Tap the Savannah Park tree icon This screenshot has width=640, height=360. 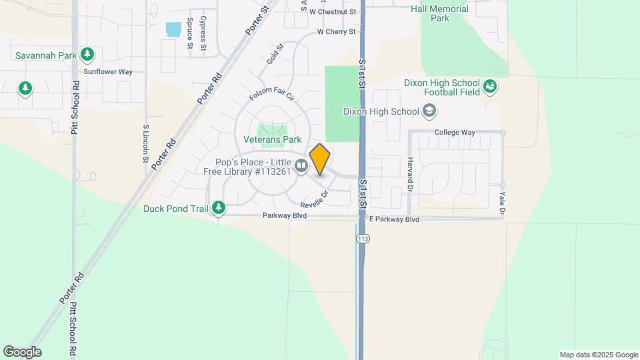86,53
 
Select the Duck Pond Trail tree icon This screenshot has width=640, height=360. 218,209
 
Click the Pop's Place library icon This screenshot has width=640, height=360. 301,166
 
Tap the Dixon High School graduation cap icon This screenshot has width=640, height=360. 429,111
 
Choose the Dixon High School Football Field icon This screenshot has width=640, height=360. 491,86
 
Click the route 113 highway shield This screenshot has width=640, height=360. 363,239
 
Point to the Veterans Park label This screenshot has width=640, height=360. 272,140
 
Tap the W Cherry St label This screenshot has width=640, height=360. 337,31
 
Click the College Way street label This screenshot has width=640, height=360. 455,132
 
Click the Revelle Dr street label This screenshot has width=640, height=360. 315,199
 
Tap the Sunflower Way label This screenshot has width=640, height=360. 108,71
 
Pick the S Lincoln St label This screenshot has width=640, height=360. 145,143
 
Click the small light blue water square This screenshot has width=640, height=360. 173,29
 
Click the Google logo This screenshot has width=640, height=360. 22,352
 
